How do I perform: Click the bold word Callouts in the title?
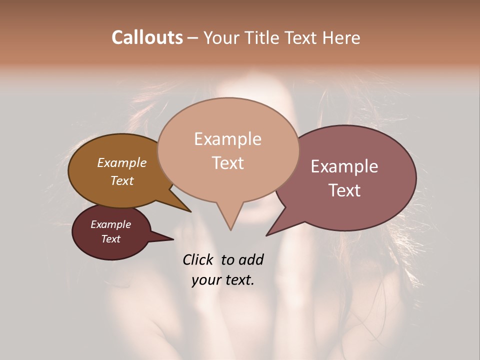pyautogui.click(x=147, y=37)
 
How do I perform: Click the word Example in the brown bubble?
pyautogui.click(x=122, y=162)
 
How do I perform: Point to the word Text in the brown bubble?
pyautogui.click(x=122, y=180)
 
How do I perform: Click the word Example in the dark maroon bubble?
pyautogui.click(x=111, y=224)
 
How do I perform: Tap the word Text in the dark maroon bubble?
pyautogui.click(x=111, y=239)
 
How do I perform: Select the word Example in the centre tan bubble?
pyautogui.click(x=227, y=139)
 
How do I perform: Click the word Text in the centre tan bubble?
pyautogui.click(x=227, y=163)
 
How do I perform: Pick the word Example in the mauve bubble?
pyautogui.click(x=344, y=166)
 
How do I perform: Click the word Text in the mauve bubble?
pyautogui.click(x=344, y=190)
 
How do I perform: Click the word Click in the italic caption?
pyautogui.click(x=198, y=259)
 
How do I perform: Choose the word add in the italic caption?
pyautogui.click(x=251, y=259)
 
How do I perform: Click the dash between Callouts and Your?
pyautogui.click(x=193, y=37)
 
